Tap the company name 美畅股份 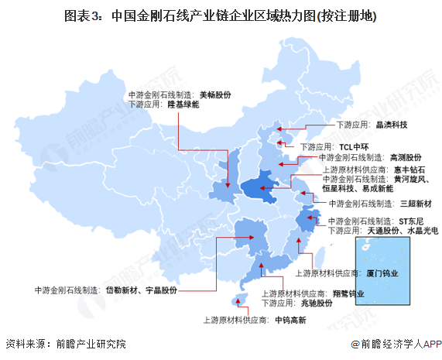pyautogui.click(x=215, y=94)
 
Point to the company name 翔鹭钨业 pyautogui.click(x=349, y=293)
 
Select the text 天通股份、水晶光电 pyautogui.click(x=402, y=230)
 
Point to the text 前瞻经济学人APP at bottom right pyautogui.click(x=396, y=344)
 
